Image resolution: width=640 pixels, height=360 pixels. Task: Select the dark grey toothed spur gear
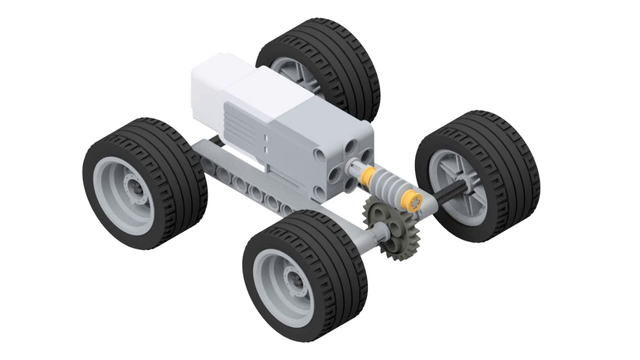tap(392, 227)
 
